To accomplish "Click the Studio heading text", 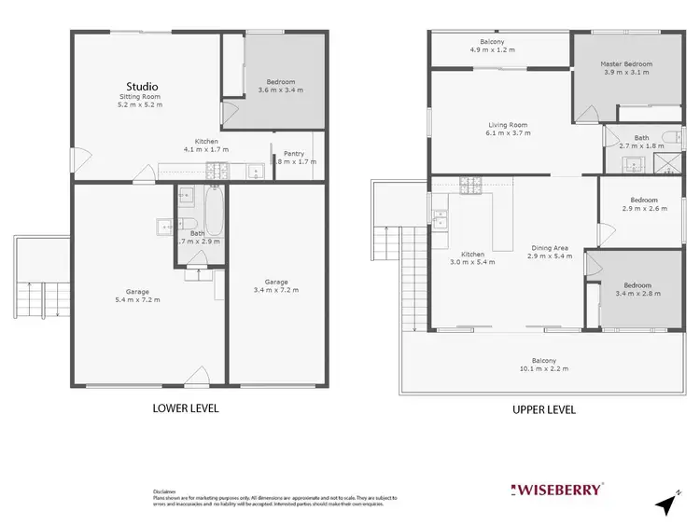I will [x=141, y=87].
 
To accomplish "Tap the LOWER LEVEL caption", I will [x=185, y=408].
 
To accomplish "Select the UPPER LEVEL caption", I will [x=544, y=409].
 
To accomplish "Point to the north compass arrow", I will [x=666, y=504].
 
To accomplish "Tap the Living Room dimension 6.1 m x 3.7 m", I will [x=509, y=133].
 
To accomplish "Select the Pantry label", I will [x=294, y=154].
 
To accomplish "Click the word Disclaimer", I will [x=164, y=491].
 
